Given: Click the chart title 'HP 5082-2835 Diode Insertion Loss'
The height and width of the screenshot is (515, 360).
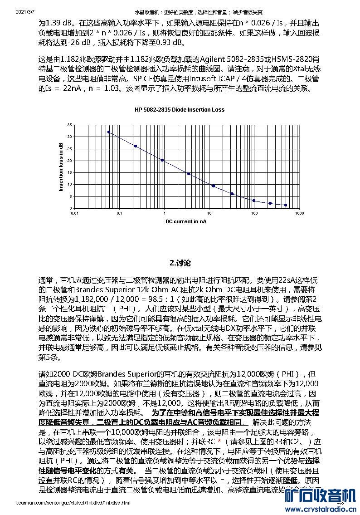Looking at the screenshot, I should [180, 109].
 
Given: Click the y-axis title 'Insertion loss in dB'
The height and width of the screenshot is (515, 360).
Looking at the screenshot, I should [61, 167].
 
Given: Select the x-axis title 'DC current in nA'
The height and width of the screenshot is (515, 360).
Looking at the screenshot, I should [185, 221].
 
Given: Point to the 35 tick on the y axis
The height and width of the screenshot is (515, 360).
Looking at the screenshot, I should [69, 125].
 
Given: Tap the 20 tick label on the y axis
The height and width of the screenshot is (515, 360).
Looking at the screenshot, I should [69, 161].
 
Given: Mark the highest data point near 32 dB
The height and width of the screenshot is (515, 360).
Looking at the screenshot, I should [109, 132].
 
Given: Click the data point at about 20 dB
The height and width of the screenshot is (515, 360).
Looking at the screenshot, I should [162, 160].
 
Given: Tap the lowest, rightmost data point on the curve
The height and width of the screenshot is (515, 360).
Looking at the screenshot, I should [285, 205].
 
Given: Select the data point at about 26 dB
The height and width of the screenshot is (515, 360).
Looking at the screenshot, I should [135, 146].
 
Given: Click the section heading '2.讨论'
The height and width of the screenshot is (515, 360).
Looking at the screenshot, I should [180, 263].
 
